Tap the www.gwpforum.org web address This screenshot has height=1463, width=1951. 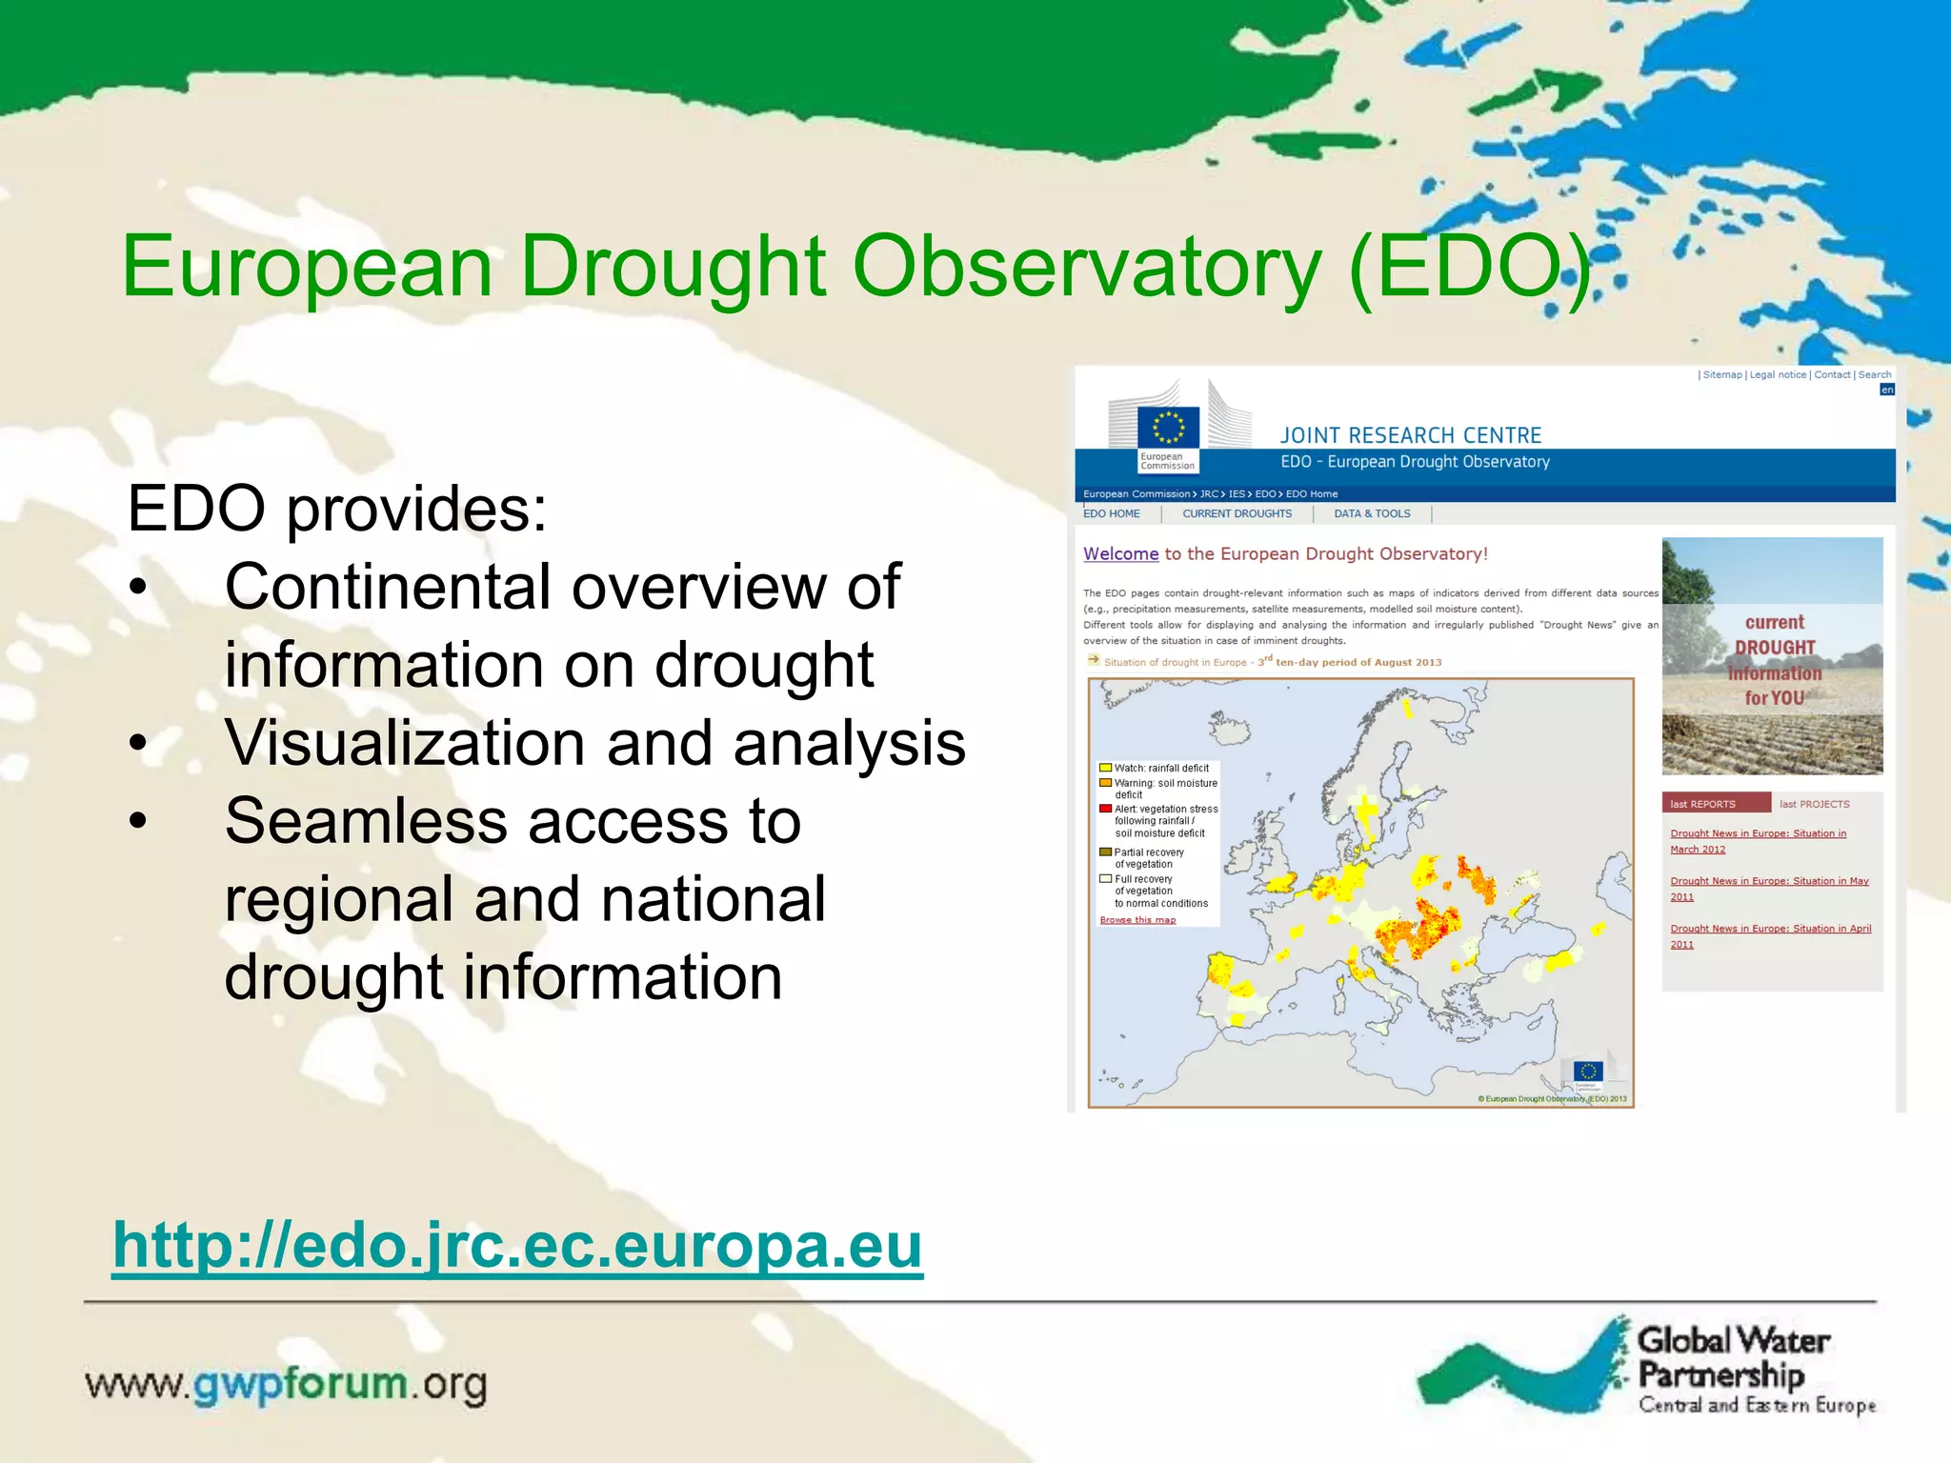pyautogui.click(x=286, y=1384)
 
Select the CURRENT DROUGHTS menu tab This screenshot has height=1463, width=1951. pyautogui.click(x=1237, y=513)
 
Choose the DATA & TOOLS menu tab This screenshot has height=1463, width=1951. pyautogui.click(x=1372, y=513)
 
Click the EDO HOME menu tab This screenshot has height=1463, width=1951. pyautogui.click(x=1112, y=513)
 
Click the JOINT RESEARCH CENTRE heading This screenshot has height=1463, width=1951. pyautogui.click(x=1410, y=435)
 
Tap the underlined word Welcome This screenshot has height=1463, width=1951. pyautogui.click(x=1120, y=553)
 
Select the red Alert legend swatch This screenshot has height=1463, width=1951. pyautogui.click(x=1105, y=809)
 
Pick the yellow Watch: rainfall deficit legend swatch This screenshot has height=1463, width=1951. pyautogui.click(x=1105, y=768)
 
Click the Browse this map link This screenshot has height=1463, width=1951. pyautogui.click(x=1137, y=920)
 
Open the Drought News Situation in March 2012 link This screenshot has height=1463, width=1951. pyautogui.click(x=1758, y=840)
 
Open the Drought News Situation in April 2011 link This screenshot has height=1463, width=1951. pyautogui.click(x=1770, y=935)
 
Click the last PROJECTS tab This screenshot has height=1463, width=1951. pyautogui.click(x=1814, y=804)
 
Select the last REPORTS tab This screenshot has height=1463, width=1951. pyautogui.click(x=1703, y=804)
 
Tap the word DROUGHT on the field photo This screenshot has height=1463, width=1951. pyautogui.click(x=1774, y=648)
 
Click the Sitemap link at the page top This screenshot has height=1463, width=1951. pyautogui.click(x=1721, y=374)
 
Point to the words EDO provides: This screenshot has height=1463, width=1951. pyautogui.click(x=337, y=508)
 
